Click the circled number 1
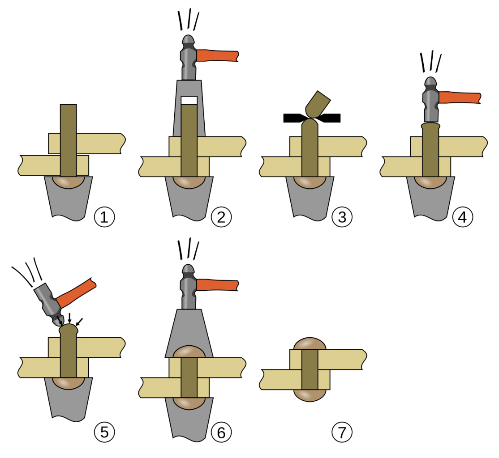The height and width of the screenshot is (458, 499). pos(104,217)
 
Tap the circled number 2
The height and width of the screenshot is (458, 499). pos(221,217)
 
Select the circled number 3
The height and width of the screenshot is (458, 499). pos(342,217)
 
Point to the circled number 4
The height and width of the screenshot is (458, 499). pos(463,217)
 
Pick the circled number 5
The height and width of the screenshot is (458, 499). pos(104,432)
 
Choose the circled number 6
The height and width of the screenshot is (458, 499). pos(221,432)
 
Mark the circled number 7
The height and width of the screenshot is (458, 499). pos(342,432)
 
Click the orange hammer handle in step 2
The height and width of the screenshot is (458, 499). pos(217,55)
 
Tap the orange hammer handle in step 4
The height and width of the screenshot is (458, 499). pos(459,98)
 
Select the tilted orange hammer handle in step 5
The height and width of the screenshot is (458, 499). pos(75,293)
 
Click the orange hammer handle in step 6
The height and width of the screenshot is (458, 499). pos(217,285)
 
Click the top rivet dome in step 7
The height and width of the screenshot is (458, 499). pos(310,343)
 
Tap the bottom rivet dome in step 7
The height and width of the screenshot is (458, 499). pos(310,394)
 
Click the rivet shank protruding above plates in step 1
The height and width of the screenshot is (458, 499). pos(68,119)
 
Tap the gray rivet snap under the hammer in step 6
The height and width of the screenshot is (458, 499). pos(189,331)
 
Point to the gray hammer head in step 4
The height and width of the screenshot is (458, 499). pos(431,101)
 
